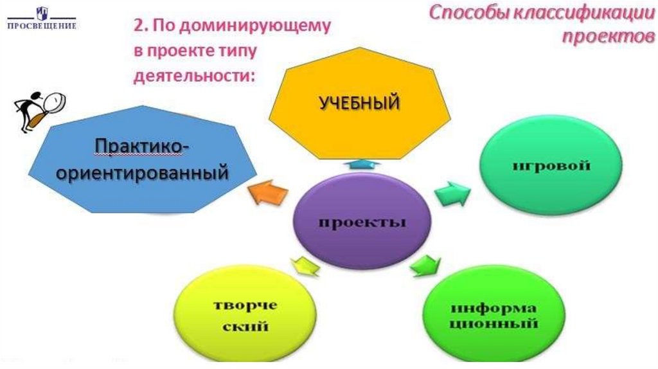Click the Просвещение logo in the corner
pyautogui.click(x=41, y=19)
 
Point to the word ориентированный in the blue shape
pyautogui.click(x=143, y=172)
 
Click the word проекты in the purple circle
pyautogui.click(x=362, y=224)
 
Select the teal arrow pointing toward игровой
pyautogui.click(x=453, y=191)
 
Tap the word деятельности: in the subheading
pyautogui.click(x=195, y=75)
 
